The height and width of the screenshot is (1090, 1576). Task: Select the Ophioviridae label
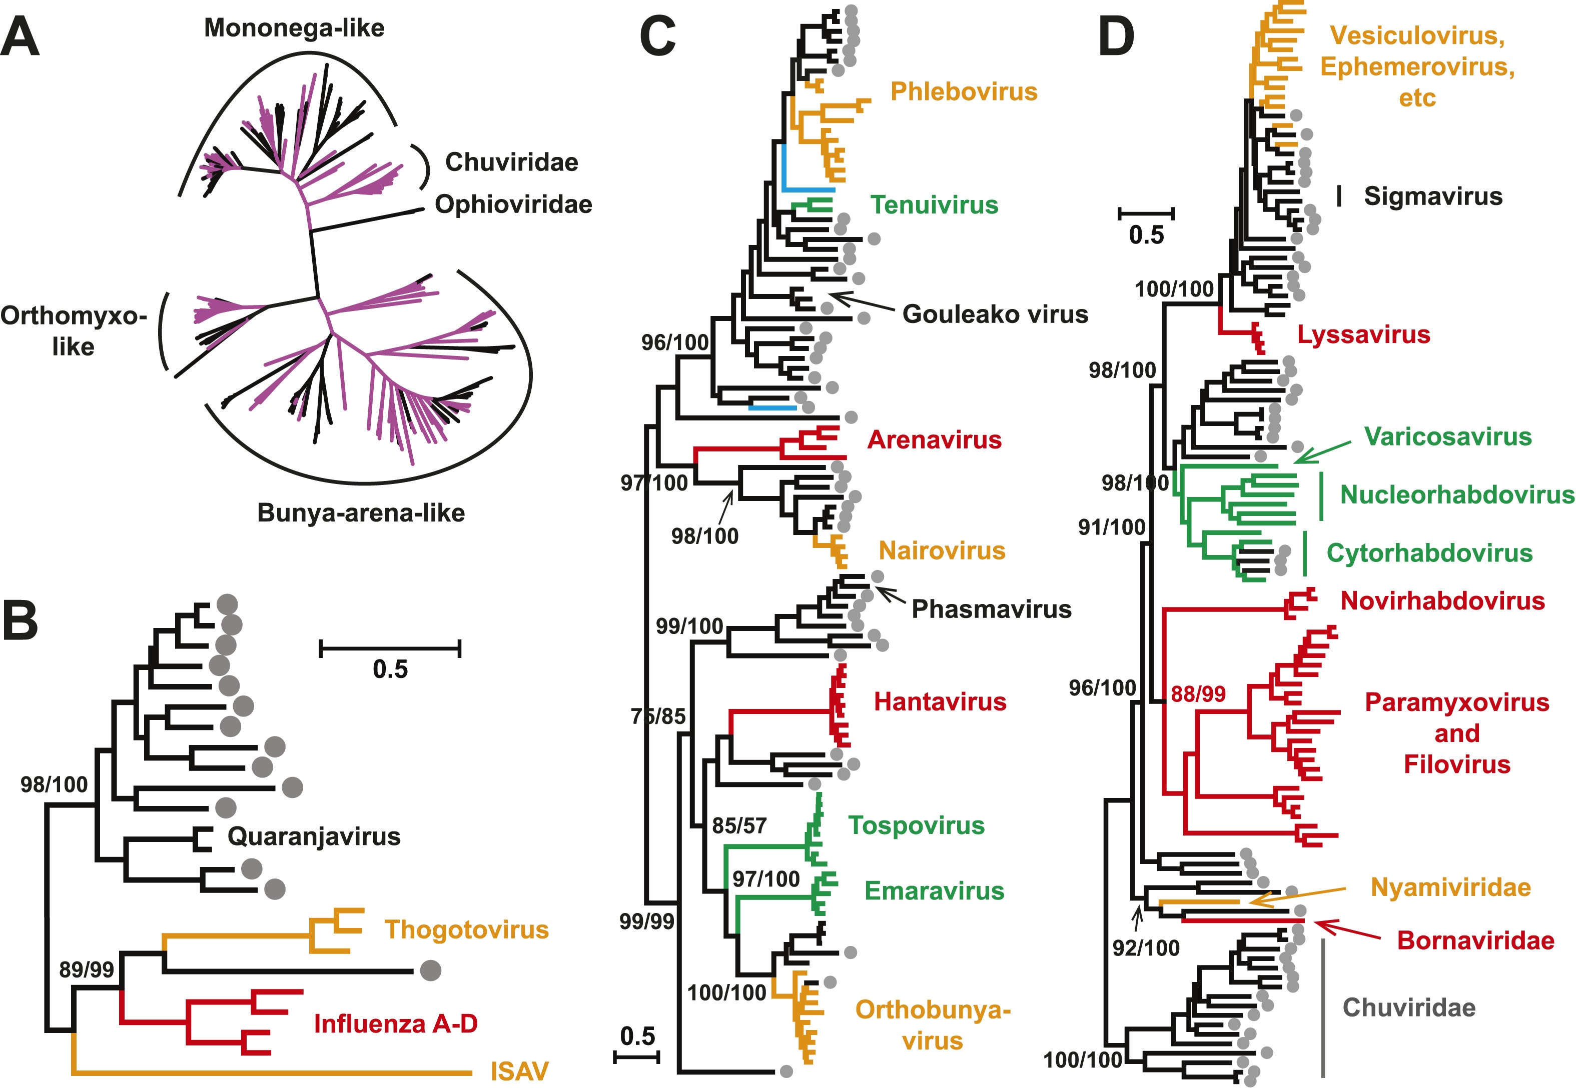click(513, 204)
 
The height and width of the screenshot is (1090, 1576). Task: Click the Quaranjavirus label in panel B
click(314, 836)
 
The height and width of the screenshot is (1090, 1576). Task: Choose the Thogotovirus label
click(466, 929)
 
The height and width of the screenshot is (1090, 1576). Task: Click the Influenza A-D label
click(395, 1024)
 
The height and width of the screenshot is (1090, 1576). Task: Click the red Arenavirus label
click(934, 440)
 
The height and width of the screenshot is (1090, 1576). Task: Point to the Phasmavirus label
click(991, 609)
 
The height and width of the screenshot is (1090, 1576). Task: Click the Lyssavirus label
click(1363, 334)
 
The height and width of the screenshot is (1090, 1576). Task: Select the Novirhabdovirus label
click(1442, 601)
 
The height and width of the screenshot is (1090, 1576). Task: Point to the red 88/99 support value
click(1198, 694)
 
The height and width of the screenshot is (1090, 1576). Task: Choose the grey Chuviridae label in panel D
click(1408, 1007)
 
